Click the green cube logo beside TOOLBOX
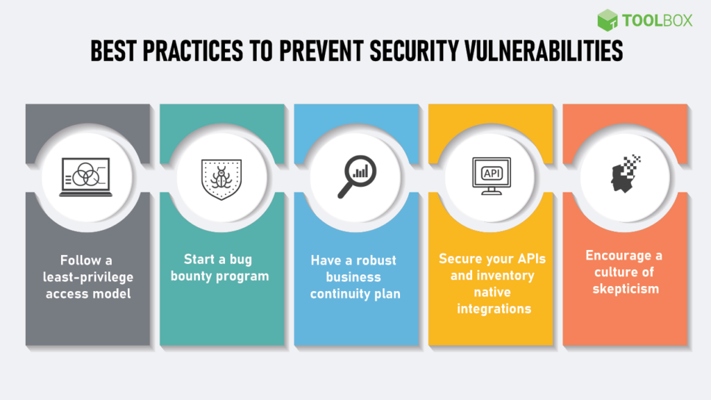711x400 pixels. (x=608, y=20)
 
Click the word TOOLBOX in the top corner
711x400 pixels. (x=657, y=20)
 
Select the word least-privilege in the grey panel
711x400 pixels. (x=87, y=277)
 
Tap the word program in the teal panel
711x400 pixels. (x=248, y=276)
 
